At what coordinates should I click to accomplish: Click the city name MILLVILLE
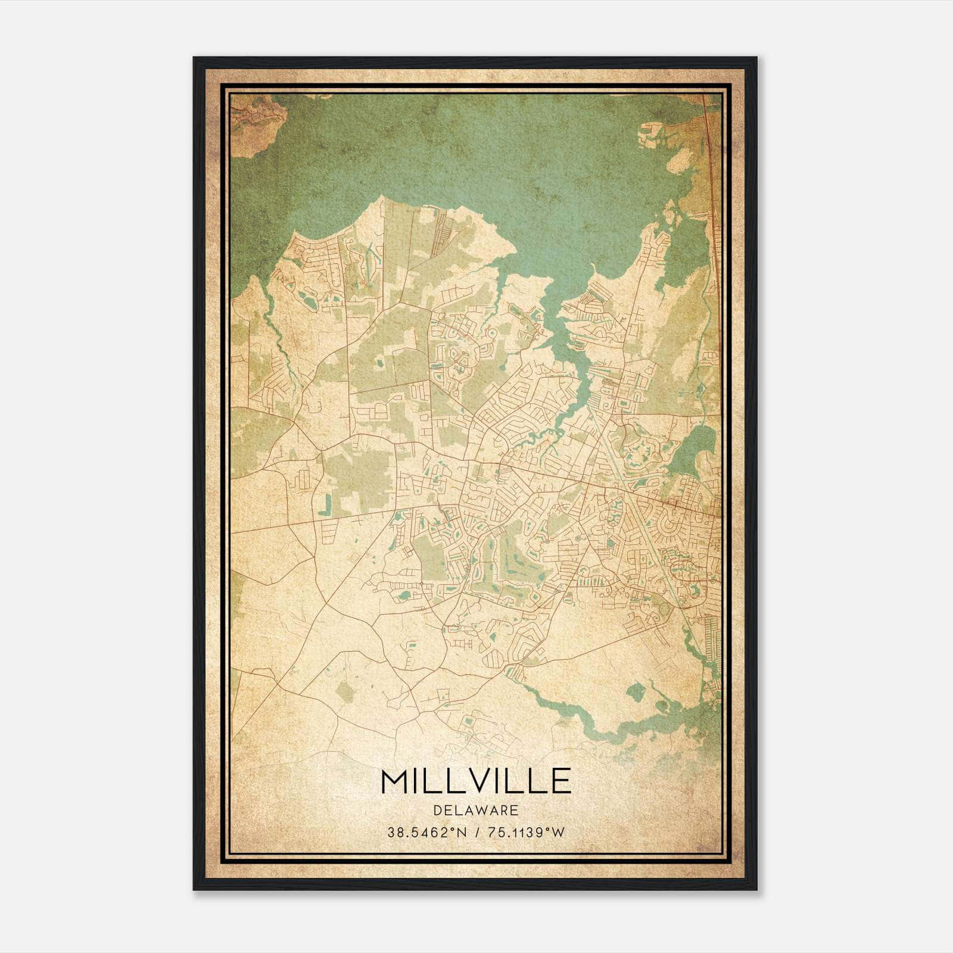pyautogui.click(x=476, y=781)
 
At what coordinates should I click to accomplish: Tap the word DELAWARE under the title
pyautogui.click(x=476, y=810)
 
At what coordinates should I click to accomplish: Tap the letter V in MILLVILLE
pyautogui.click(x=484, y=781)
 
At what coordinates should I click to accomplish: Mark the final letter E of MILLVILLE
pyautogui.click(x=561, y=781)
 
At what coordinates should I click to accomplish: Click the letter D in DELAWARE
pyautogui.click(x=438, y=810)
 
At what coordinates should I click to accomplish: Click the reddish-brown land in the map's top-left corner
pyautogui.click(x=253, y=119)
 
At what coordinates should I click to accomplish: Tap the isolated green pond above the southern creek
pyautogui.click(x=636, y=692)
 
